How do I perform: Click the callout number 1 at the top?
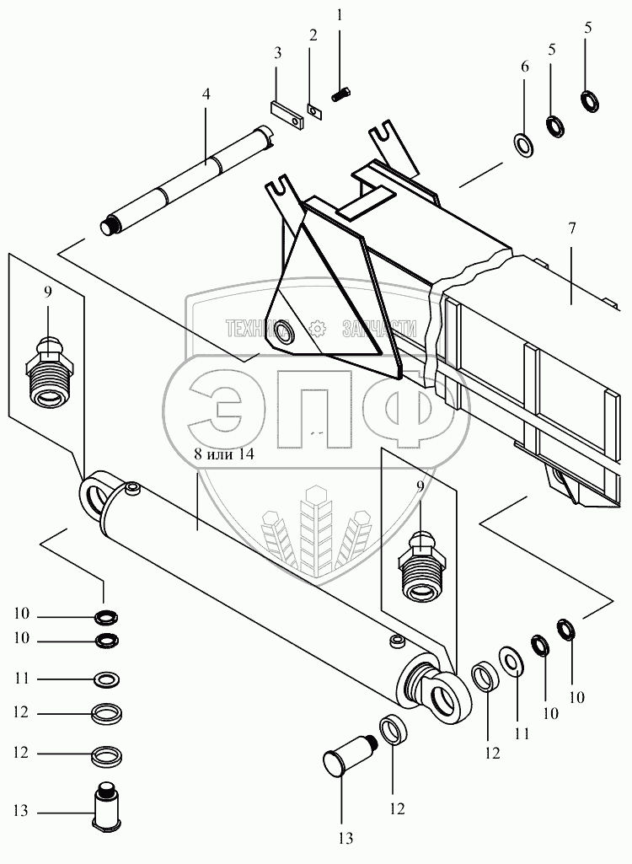click(x=340, y=14)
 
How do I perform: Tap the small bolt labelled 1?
click(x=342, y=95)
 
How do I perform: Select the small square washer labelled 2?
click(x=314, y=110)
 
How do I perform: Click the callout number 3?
click(x=277, y=53)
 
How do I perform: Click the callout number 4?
click(x=206, y=95)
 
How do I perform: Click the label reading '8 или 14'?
click(x=220, y=455)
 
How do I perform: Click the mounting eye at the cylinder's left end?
click(x=94, y=494)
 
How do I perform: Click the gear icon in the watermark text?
click(x=318, y=328)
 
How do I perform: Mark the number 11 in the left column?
click(x=21, y=677)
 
